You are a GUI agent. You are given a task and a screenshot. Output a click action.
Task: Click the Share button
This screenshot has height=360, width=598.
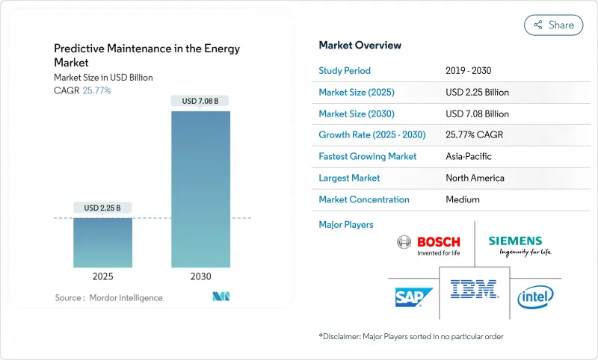553,25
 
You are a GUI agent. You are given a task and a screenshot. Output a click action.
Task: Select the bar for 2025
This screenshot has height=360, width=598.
102,242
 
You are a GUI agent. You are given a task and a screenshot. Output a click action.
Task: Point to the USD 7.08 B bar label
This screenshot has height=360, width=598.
200,101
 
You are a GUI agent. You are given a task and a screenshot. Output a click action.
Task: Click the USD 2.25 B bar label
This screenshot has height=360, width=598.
102,207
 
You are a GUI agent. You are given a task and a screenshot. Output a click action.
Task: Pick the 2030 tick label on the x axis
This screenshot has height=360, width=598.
200,276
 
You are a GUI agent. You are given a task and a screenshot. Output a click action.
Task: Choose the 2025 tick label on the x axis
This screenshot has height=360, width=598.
102,276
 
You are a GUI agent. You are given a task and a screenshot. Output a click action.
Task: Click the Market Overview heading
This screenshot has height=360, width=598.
360,46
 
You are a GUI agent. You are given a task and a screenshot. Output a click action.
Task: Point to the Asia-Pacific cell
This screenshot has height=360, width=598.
469,157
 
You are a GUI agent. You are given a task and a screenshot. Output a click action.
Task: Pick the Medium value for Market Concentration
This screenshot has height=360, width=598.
462,199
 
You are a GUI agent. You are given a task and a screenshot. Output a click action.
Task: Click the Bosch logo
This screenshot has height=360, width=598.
428,244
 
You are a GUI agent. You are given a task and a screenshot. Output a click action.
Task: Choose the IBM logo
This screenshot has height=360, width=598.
474,288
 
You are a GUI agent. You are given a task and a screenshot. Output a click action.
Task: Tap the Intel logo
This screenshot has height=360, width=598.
536,297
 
